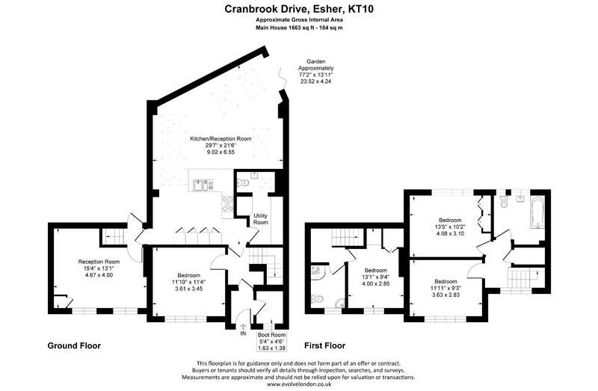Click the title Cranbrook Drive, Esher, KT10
coord(298,9)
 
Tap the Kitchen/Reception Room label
coord(221,139)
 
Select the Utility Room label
coord(261,219)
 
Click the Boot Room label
coord(272,335)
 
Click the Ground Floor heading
coord(74,345)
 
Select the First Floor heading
coord(324,345)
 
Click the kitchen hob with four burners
coord(228,203)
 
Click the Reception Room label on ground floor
coord(99,262)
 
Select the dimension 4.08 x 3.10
coord(450,233)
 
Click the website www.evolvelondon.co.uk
coord(299,384)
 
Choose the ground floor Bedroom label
coord(189,275)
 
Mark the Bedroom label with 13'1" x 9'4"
coord(375,271)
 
